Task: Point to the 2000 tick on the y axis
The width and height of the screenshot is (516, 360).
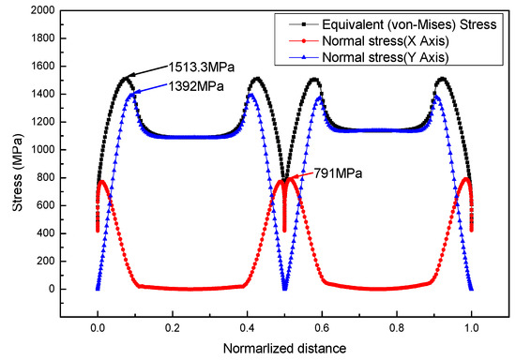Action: pyautogui.click(x=41, y=10)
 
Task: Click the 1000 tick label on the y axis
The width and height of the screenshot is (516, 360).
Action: pyautogui.click(x=41, y=150)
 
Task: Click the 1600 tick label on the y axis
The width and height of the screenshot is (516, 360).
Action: pyautogui.click(x=41, y=67)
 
